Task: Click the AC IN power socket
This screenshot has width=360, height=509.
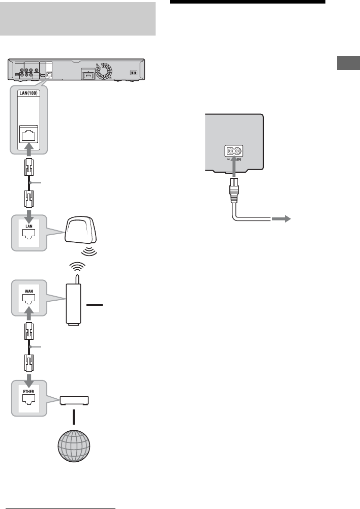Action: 233,151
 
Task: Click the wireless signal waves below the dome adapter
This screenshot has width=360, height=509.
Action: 89,251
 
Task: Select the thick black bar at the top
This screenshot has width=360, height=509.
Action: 247,2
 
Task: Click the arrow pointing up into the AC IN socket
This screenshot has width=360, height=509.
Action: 233,166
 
